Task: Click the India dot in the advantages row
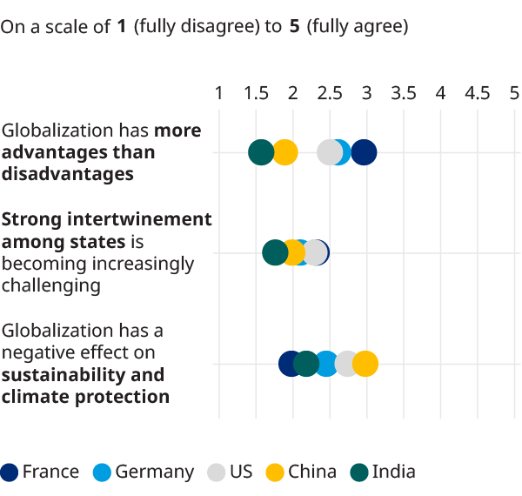[261, 152]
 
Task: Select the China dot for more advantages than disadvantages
[284, 152]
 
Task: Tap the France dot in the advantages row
[364, 152]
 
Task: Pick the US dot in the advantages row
[330, 152]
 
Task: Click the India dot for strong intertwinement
[275, 252]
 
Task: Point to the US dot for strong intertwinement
[315, 252]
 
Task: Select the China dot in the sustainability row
[365, 364]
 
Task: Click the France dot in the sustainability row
[291, 364]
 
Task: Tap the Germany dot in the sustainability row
[326, 364]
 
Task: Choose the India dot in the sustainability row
[306, 364]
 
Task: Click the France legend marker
[9, 473]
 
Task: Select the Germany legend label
[155, 472]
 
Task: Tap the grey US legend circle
[216, 473]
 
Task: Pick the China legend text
[312, 472]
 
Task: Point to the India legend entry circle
[359, 473]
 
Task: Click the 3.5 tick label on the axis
[404, 93]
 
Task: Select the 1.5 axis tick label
[256, 93]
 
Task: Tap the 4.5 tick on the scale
[478, 93]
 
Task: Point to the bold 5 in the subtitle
[295, 26]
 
